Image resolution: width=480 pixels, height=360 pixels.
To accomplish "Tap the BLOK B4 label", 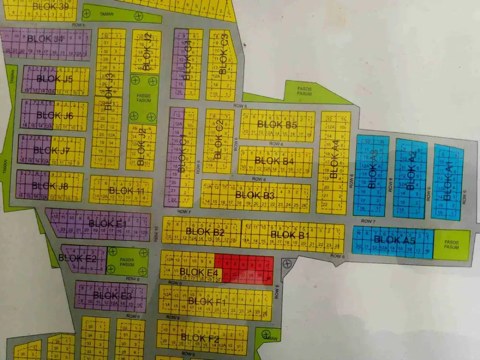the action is (x=274, y=161).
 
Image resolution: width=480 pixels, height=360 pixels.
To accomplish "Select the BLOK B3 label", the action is (x=255, y=195).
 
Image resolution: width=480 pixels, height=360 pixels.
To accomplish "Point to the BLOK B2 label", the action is (x=205, y=232).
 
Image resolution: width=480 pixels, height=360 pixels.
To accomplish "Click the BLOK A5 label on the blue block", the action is (x=394, y=240).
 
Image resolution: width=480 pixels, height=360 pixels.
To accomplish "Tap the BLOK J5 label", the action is (x=55, y=79).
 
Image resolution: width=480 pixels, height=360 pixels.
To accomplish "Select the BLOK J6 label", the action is (x=55, y=115).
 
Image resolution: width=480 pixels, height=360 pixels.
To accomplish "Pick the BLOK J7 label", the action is (x=52, y=150).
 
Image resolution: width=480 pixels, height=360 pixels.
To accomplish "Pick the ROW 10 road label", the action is (x=156, y=234).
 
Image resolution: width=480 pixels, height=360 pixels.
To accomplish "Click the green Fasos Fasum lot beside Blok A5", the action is (x=452, y=245).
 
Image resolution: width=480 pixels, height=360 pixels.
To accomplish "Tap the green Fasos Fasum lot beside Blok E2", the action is (x=127, y=262).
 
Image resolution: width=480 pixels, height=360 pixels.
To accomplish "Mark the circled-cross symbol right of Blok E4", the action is (x=287, y=263).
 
